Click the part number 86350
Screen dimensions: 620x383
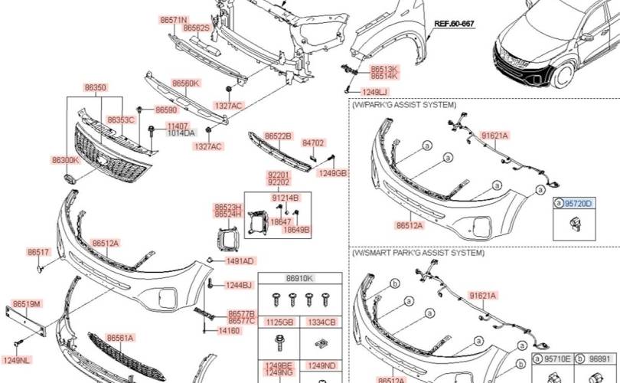pos(95,87)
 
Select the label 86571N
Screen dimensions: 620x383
pos(174,20)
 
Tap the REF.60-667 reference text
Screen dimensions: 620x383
pos(454,24)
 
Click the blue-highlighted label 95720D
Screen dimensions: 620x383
pos(578,204)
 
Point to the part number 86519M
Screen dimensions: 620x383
pos(27,304)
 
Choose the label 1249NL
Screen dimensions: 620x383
pos(16,360)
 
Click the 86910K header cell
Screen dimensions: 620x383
pos(300,279)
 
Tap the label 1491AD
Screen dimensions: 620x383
pos(240,261)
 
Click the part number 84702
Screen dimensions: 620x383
pos(313,142)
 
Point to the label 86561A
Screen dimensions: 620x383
pos(120,338)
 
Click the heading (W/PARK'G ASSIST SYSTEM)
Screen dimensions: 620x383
pos(403,105)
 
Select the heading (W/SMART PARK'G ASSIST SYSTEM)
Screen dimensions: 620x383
pos(418,253)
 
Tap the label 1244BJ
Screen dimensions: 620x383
pos(238,285)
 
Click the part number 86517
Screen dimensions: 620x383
pos(38,252)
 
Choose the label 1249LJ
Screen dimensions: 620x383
pos(375,92)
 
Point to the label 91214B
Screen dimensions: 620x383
pos(285,198)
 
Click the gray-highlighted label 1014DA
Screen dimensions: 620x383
pos(181,133)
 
